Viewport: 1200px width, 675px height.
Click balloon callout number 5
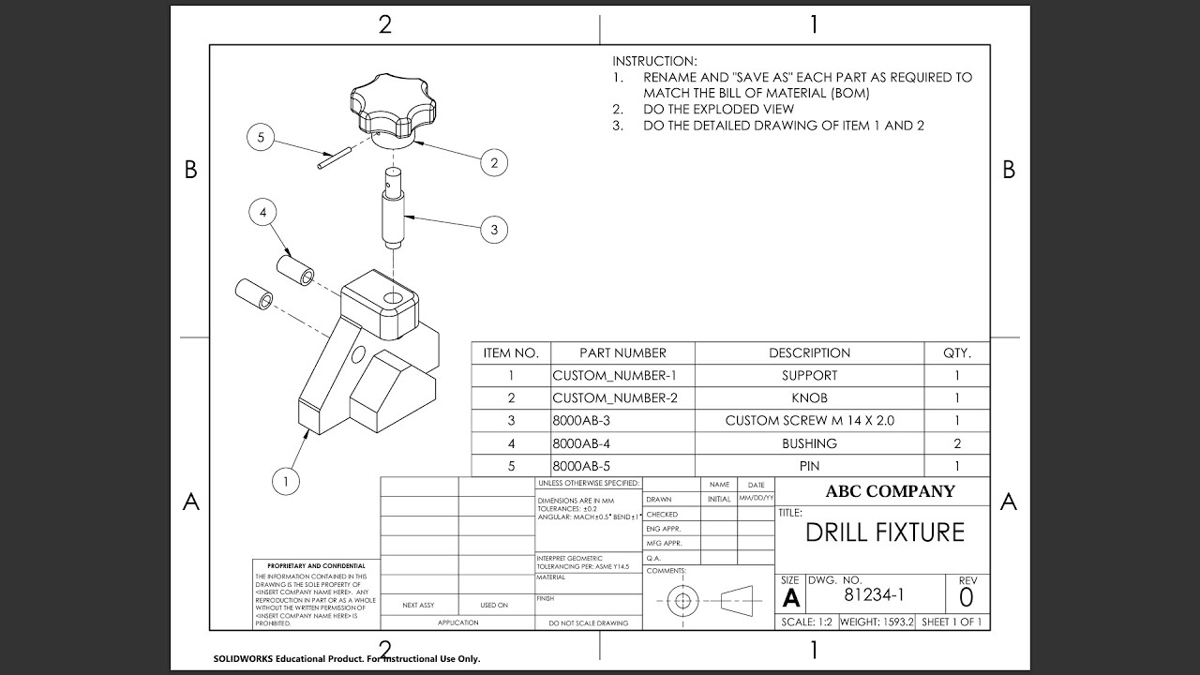[x=261, y=138]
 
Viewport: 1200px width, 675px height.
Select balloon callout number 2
[x=494, y=162]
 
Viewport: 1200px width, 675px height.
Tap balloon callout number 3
[x=494, y=229]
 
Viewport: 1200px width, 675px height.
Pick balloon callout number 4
[x=263, y=213]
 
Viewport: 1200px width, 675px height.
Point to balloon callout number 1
[x=285, y=482]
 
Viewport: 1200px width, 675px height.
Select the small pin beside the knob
[x=332, y=157]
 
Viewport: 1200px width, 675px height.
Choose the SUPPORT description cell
[x=809, y=376]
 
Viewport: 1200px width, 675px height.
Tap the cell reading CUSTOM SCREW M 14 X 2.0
[x=809, y=421]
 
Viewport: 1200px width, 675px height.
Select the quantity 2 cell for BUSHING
[x=956, y=443]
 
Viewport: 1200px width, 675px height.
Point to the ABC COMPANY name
[x=890, y=491]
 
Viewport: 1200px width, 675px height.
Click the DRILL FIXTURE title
[x=884, y=532]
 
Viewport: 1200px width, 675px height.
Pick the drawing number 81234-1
[x=875, y=594]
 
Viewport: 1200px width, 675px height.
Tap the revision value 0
[x=967, y=596]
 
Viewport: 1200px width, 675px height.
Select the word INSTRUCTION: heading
[x=654, y=61]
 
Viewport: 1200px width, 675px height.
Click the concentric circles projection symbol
[x=683, y=600]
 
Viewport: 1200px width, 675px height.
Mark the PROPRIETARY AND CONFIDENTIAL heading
[x=316, y=566]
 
